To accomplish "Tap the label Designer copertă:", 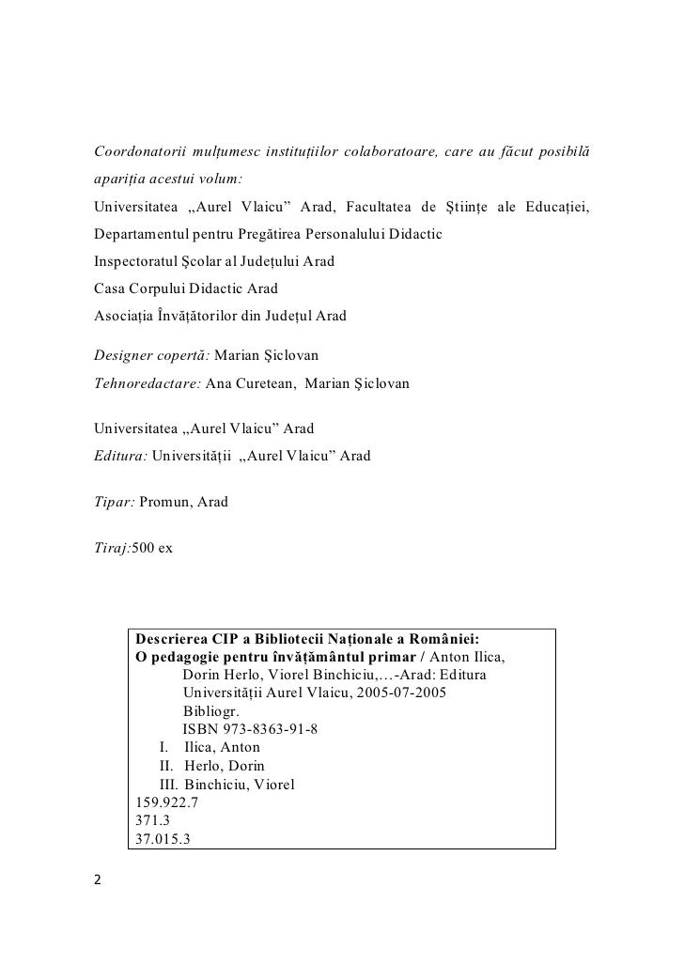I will [152, 358].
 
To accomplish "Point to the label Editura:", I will [120, 457].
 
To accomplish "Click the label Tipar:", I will [114, 502].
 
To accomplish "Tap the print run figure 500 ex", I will [152, 547].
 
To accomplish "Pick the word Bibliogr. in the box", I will [211, 711].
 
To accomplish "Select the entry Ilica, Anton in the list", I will [222, 748].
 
